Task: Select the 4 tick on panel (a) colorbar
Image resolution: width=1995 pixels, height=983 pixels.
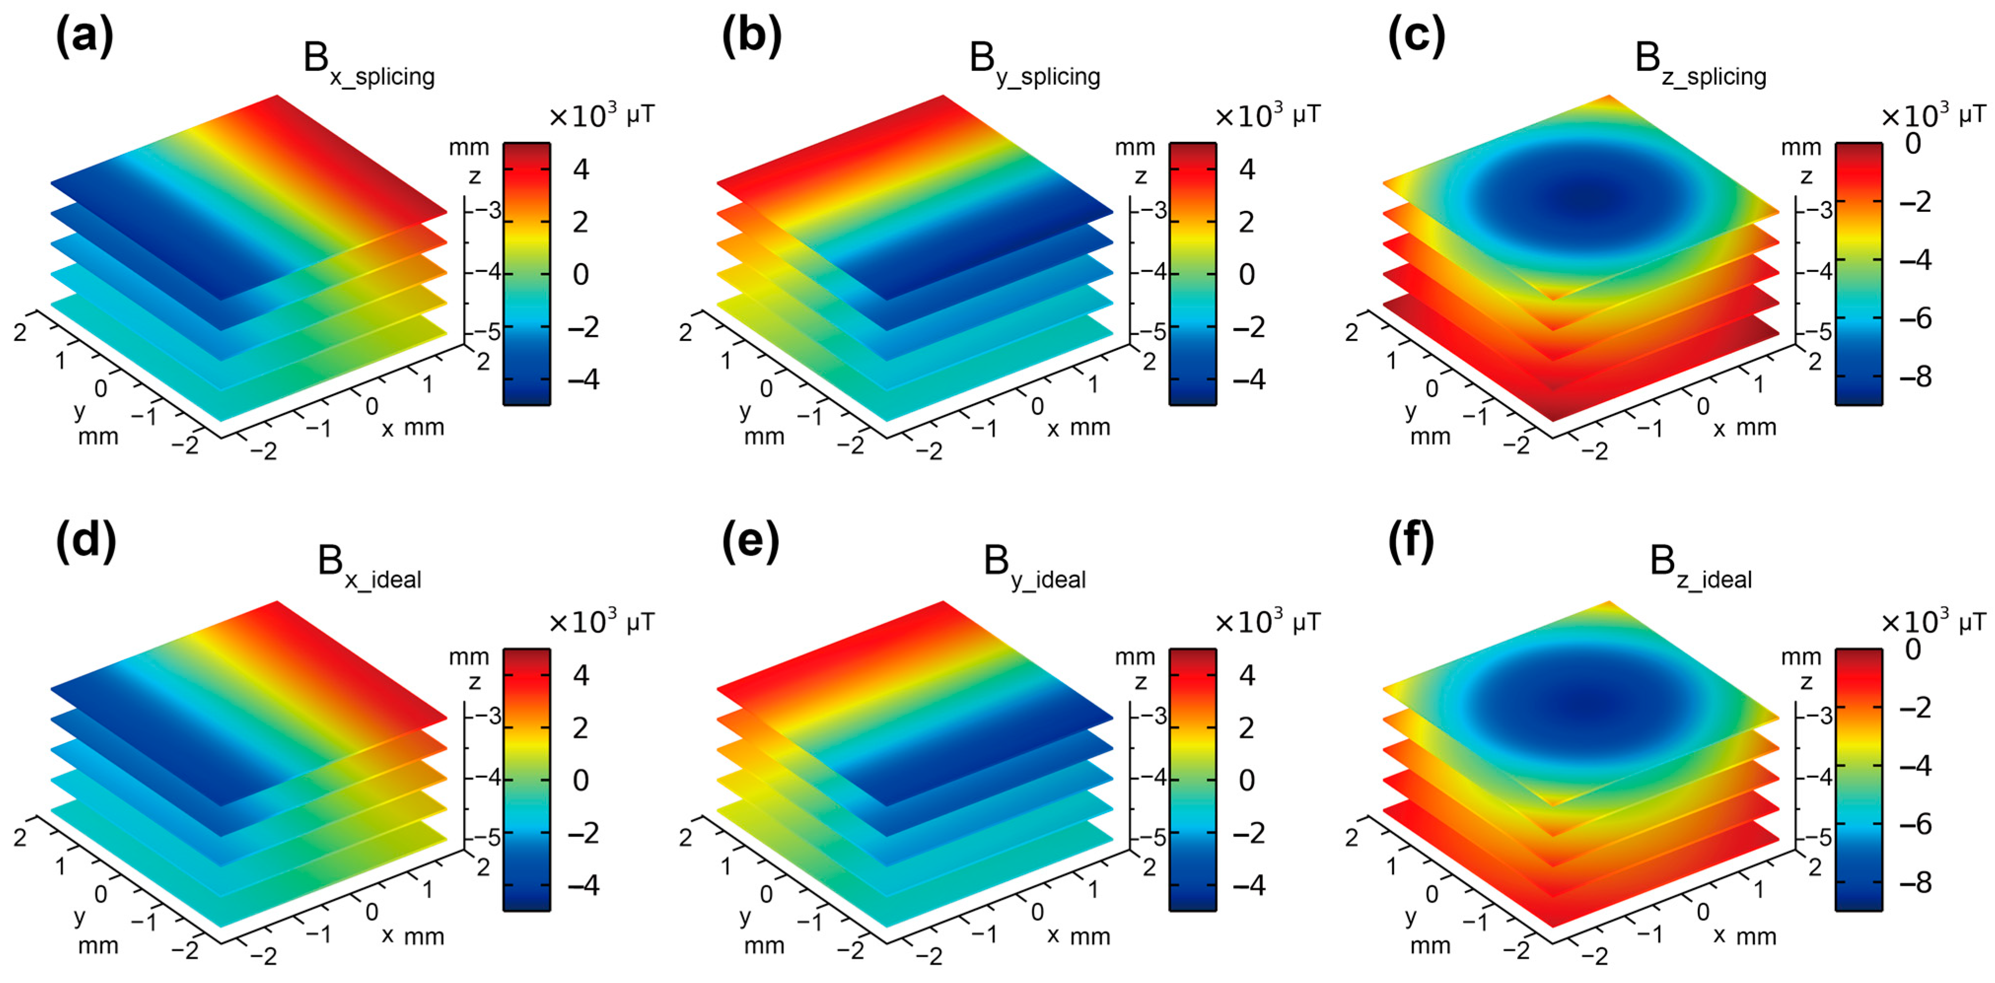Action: point(580,169)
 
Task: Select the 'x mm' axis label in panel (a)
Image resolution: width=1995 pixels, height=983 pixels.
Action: point(413,428)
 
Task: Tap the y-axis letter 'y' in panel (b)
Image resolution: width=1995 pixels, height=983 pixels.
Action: point(745,410)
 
